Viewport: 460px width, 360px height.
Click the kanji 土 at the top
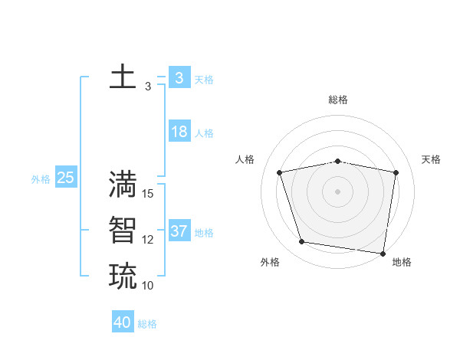point(123,78)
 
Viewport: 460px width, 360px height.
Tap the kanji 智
point(123,230)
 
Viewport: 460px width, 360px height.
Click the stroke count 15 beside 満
point(149,194)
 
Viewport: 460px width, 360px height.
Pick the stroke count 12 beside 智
point(149,240)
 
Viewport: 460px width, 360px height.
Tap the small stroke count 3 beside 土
point(148,87)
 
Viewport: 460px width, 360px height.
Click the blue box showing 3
point(179,78)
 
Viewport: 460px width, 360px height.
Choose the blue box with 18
point(179,132)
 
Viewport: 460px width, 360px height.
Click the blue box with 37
point(179,231)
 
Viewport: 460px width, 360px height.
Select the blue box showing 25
point(65,178)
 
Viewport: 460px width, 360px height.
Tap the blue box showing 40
point(123,322)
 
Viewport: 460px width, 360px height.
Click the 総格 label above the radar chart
point(338,100)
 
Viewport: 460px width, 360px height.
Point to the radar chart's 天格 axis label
point(432,159)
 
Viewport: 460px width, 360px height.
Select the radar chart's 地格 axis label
point(402,262)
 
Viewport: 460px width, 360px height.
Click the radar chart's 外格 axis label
point(270,262)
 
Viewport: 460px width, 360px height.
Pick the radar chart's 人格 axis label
point(245,159)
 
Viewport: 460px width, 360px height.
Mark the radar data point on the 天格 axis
point(396,172)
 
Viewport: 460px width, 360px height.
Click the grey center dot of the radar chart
point(337,191)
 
